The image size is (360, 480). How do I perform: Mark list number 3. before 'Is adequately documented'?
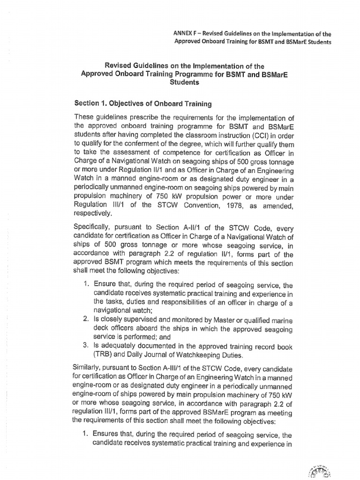click(86, 346)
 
